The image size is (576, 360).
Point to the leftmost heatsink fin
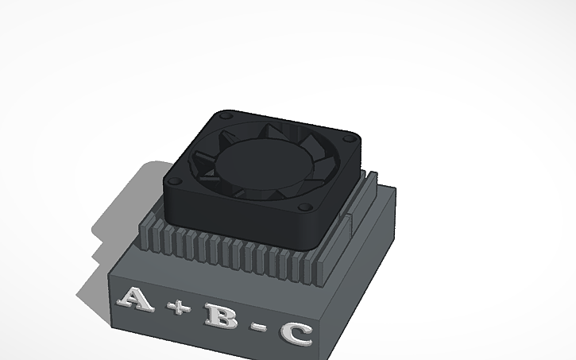click(x=144, y=235)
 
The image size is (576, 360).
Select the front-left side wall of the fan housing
click(x=230, y=219)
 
